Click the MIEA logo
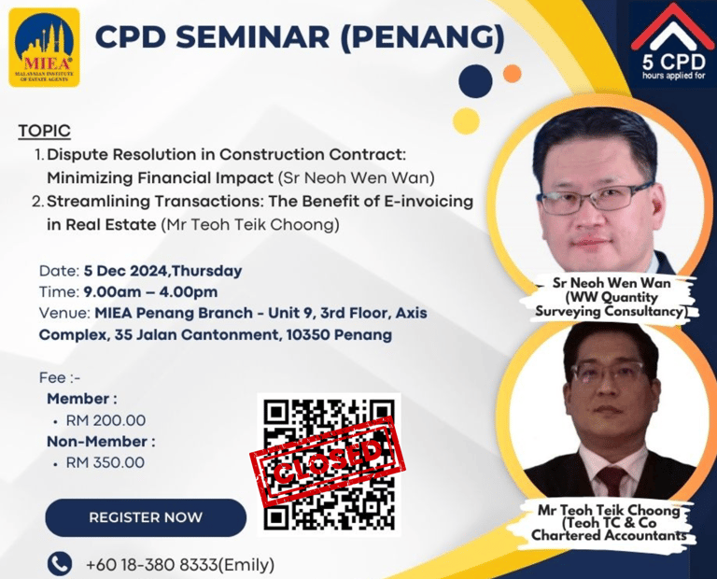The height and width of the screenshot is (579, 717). pyautogui.click(x=45, y=48)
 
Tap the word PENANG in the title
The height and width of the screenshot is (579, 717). pyautogui.click(x=423, y=36)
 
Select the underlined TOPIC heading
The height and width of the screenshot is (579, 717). pyautogui.click(x=45, y=131)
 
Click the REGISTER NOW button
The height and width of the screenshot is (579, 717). pyautogui.click(x=146, y=517)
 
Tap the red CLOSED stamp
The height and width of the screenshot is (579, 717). pyautogui.click(x=328, y=461)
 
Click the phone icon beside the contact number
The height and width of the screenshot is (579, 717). pyautogui.click(x=60, y=563)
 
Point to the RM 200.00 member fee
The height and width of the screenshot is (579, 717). pyautogui.click(x=105, y=420)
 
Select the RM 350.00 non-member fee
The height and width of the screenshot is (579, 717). pyautogui.click(x=105, y=462)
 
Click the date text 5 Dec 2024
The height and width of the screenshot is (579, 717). pyautogui.click(x=125, y=271)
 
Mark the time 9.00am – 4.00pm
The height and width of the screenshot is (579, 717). pyautogui.click(x=150, y=291)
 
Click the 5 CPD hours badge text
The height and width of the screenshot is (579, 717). pyautogui.click(x=673, y=66)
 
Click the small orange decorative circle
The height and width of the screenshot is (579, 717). pyautogui.click(x=513, y=74)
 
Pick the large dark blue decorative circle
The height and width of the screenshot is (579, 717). pyautogui.click(x=475, y=81)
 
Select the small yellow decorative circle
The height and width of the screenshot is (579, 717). pyautogui.click(x=466, y=120)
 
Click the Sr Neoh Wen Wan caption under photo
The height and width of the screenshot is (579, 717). pyautogui.click(x=612, y=297)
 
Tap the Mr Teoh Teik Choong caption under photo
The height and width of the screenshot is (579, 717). pyautogui.click(x=609, y=522)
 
